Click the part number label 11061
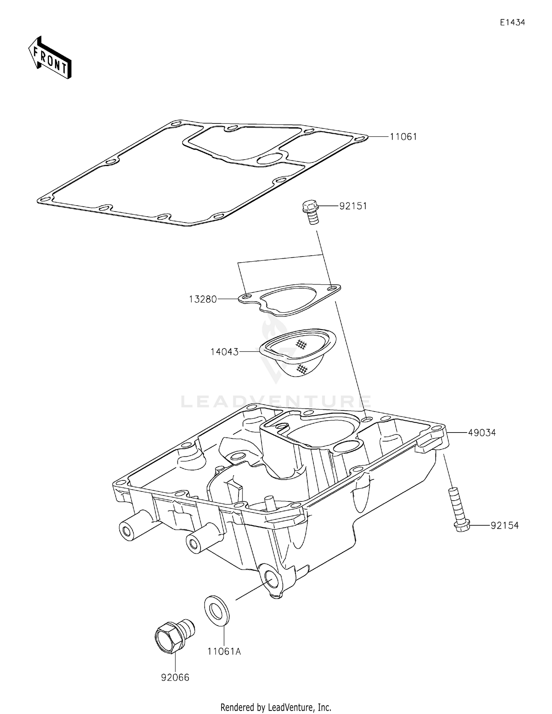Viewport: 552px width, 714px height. [403, 137]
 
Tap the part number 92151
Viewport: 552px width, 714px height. [353, 206]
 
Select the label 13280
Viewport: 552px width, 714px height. [203, 299]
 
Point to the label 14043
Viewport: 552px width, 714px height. [224, 352]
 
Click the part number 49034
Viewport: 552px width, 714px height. [482, 433]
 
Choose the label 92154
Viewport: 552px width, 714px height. [505, 525]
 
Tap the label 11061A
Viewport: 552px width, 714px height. [224, 651]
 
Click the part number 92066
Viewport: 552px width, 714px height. [175, 677]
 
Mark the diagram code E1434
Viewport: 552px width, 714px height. [512, 22]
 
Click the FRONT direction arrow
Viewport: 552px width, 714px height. [50, 58]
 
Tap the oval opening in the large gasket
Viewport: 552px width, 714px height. [268, 159]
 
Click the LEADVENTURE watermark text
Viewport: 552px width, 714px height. [276, 402]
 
